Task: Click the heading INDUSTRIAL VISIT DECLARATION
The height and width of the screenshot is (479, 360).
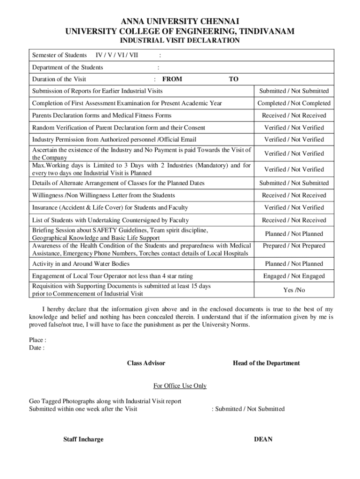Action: pyautogui.click(x=180, y=41)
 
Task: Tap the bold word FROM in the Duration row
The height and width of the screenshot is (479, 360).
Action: pyautogui.click(x=172, y=79)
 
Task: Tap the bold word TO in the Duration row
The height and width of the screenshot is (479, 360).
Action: pyautogui.click(x=233, y=79)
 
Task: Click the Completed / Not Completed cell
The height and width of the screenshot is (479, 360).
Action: pyautogui.click(x=294, y=103)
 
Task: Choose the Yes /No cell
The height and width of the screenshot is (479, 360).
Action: pyautogui.click(x=294, y=290)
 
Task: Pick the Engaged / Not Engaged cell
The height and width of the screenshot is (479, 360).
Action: pyautogui.click(x=294, y=276)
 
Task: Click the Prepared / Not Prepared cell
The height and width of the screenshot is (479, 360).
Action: pyautogui.click(x=294, y=246)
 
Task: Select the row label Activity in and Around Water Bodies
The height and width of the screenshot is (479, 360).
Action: pyautogui.click(x=81, y=264)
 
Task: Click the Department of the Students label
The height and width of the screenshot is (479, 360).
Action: pyautogui.click(x=68, y=67)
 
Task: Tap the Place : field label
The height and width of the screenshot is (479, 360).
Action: pyautogui.click(x=38, y=340)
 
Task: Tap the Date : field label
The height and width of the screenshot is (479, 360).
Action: pyautogui.click(x=37, y=348)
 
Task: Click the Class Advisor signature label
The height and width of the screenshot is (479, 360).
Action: pyautogui.click(x=146, y=363)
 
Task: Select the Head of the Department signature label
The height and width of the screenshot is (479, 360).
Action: pyautogui.click(x=266, y=363)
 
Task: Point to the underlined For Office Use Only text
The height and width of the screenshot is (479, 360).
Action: pyautogui.click(x=180, y=386)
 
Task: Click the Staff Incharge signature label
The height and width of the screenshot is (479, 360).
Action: pyautogui.click(x=83, y=439)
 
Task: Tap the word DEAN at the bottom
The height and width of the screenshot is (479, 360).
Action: pyautogui.click(x=263, y=439)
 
